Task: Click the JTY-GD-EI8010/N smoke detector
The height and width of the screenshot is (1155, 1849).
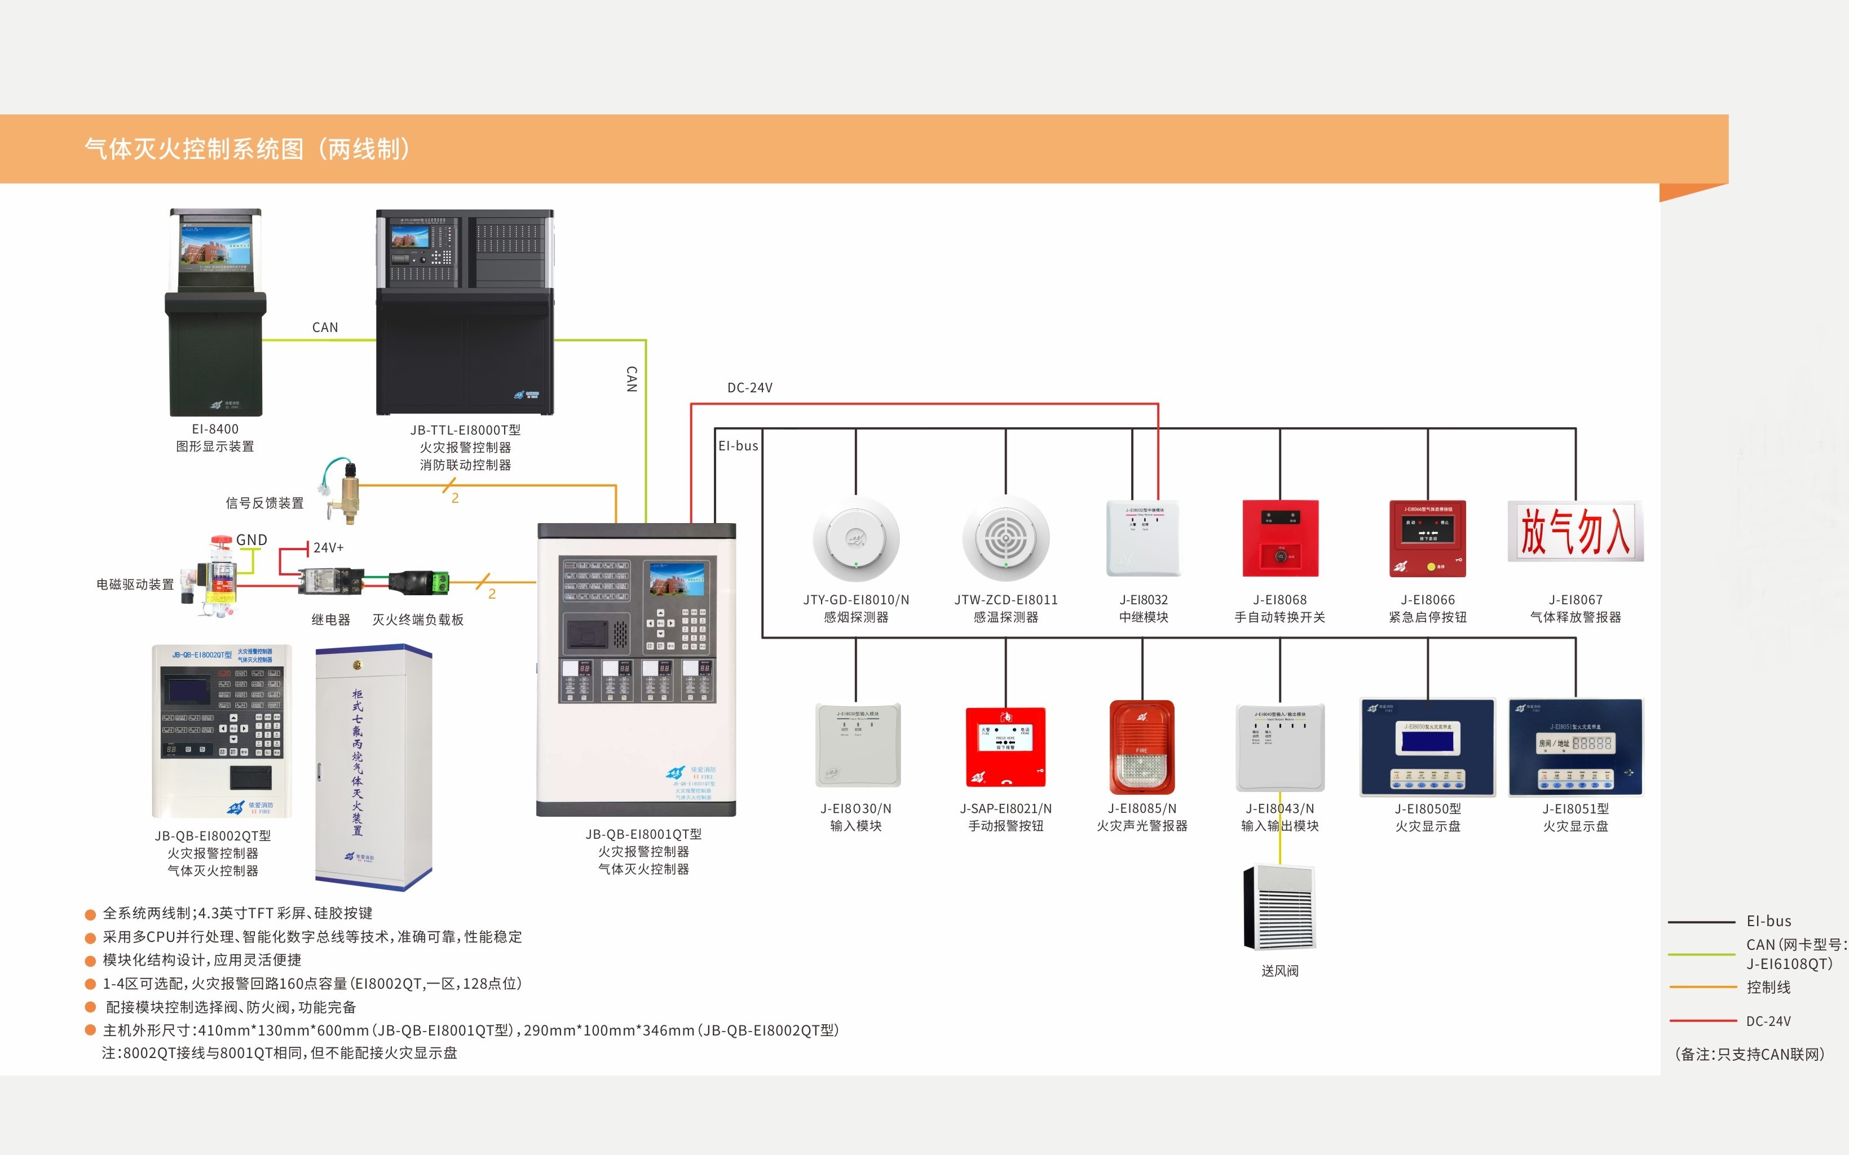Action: tap(856, 540)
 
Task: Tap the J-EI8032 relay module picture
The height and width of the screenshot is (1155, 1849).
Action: tap(1143, 538)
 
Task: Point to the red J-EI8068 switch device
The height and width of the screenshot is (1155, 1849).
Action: tap(1281, 538)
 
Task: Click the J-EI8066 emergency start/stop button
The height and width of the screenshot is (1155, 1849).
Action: tap(1427, 538)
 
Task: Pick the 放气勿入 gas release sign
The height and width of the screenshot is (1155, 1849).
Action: tap(1576, 532)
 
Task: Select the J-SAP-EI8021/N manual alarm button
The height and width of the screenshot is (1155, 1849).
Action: tap(1005, 746)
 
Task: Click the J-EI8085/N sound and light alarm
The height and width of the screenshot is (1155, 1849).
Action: tap(1141, 747)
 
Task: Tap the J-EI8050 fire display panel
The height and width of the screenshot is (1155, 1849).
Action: tap(1427, 747)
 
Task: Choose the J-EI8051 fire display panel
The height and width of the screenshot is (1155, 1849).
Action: tap(1576, 747)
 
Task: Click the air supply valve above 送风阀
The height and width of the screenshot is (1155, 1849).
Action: tap(1280, 908)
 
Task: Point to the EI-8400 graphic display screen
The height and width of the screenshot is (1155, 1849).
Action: tap(215, 245)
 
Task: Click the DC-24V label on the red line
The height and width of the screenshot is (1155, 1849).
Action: tap(749, 388)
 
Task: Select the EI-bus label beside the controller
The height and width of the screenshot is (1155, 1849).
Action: tap(738, 446)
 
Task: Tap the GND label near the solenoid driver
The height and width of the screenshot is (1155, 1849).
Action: tap(251, 540)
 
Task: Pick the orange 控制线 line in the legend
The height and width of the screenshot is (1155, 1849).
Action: tap(1703, 987)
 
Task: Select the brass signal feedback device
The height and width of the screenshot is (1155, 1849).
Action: tap(348, 489)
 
